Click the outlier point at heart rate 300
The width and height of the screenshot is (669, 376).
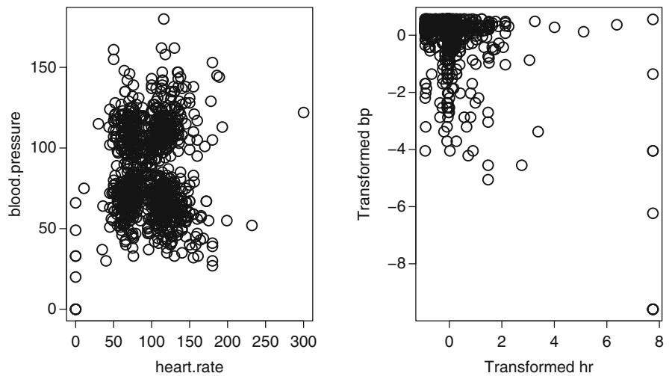pos(303,112)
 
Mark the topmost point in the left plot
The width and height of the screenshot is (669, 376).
pos(164,19)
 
